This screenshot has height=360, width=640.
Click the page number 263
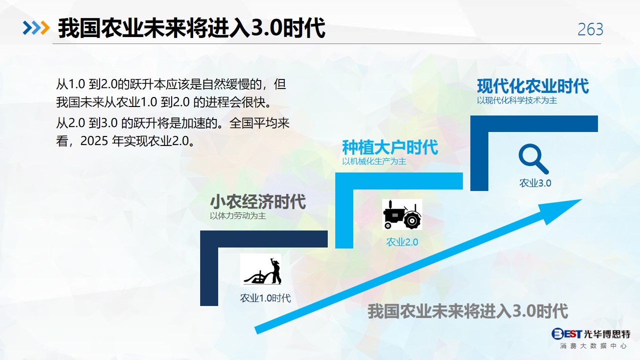pos(590,29)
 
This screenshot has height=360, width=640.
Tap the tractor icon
pos(402,214)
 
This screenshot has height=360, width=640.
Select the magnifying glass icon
pos(533,159)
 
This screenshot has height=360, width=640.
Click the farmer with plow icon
pos(261,270)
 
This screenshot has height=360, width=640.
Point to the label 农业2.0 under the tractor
pos(402,242)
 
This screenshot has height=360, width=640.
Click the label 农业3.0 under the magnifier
pos(535,183)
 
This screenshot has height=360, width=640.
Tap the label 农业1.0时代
pos(265,298)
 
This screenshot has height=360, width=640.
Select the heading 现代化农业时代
pos(533,86)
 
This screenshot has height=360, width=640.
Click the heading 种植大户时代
pos(390,147)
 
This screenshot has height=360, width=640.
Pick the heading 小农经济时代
pos(258,201)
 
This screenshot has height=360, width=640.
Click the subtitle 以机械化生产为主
pos(374,161)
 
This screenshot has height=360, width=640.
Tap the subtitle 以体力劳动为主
pos(238,215)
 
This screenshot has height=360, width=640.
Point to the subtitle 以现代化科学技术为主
pos(517,100)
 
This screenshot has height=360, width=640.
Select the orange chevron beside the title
pos(45,28)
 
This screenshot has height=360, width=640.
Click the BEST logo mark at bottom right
pos(566,333)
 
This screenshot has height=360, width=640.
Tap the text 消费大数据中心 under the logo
pos(593,345)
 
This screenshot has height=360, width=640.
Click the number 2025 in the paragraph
pos(94,140)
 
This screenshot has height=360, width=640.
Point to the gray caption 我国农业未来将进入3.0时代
pos(468,311)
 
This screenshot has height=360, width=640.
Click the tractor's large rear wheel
pos(412,220)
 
